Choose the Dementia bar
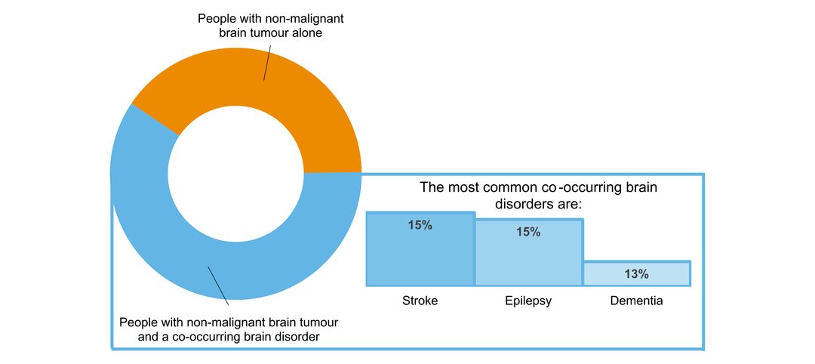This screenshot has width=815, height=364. [637, 274]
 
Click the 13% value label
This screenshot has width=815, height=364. [637, 274]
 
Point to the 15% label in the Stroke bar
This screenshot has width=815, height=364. [420, 225]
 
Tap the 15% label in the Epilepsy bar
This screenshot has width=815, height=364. [528, 232]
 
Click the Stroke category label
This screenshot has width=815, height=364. [420, 301]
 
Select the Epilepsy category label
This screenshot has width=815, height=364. [528, 301]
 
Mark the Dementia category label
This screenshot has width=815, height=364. [637, 301]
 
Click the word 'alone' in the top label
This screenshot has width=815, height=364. [306, 33]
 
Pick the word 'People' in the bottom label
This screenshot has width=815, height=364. [138, 322]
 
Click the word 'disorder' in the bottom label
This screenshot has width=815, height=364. [296, 337]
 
